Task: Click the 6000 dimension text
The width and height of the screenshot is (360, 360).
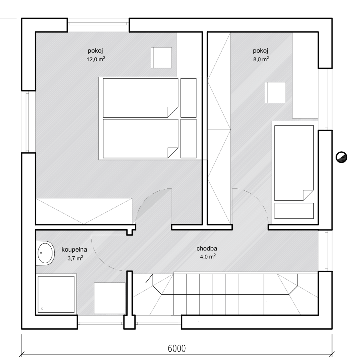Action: [x=176, y=348]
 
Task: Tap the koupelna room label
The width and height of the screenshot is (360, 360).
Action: [x=74, y=250]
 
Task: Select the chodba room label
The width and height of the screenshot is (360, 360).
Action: [x=207, y=248]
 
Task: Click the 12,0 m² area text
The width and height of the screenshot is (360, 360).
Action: [x=96, y=59]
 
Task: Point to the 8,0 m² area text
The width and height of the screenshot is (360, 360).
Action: [x=261, y=59]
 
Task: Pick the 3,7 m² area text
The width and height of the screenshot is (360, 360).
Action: [x=75, y=258]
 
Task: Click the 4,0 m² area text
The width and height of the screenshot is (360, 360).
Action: [x=208, y=256]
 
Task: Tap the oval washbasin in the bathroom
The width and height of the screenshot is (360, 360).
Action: [x=45, y=253]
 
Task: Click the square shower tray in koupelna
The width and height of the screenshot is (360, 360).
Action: [x=56, y=294]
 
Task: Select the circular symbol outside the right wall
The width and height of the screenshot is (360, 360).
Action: [x=342, y=157]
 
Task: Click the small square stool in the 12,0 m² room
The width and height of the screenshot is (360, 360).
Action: [x=161, y=58]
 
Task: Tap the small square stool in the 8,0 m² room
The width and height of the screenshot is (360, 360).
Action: [x=275, y=92]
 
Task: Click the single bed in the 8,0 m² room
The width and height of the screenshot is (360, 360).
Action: [x=294, y=163]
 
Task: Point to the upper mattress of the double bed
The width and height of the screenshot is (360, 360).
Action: [x=140, y=98]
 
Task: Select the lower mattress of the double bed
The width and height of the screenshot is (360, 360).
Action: [x=140, y=139]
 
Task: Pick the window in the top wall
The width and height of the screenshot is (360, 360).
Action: [x=98, y=24]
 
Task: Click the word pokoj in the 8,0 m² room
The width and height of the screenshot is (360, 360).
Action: [x=260, y=51]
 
